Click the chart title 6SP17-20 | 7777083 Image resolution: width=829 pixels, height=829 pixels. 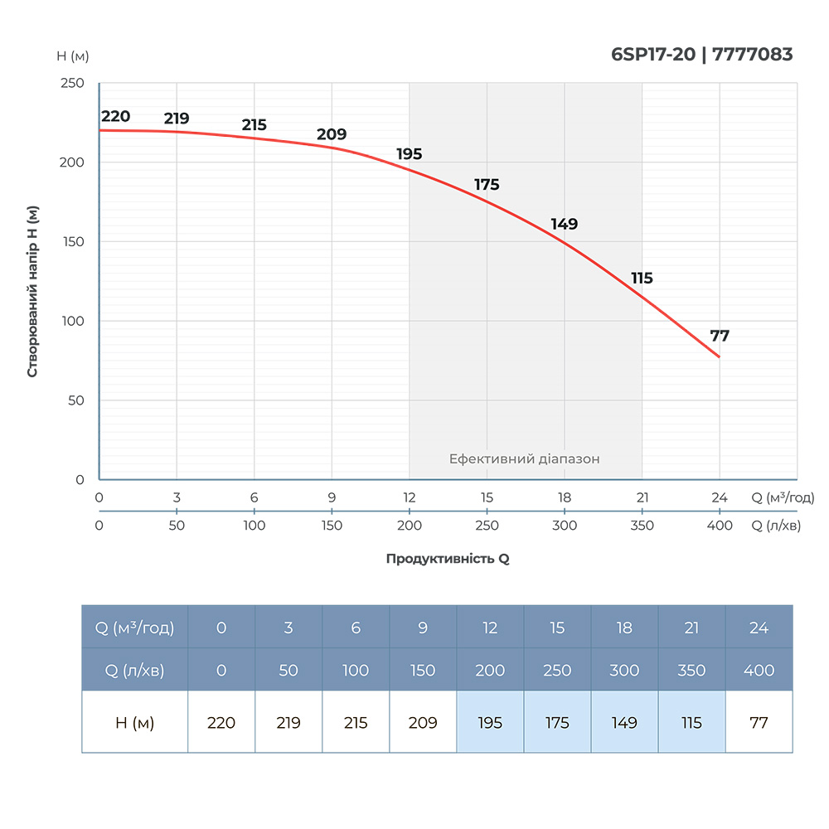[701, 55]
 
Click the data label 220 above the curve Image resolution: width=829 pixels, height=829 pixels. [116, 116]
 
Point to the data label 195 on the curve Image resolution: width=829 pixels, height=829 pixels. [410, 154]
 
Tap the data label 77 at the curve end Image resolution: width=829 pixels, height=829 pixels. [720, 336]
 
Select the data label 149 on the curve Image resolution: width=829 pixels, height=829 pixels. [565, 224]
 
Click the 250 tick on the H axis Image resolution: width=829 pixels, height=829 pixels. [73, 83]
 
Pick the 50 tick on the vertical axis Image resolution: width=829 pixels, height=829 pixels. [76, 400]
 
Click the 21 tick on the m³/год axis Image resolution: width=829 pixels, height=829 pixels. [642, 497]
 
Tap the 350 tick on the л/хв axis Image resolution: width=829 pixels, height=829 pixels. [642, 526]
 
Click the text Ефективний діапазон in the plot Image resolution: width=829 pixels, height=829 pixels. [524, 458]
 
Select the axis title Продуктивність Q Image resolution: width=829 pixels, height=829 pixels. [448, 559]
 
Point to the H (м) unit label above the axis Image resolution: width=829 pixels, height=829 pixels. [73, 56]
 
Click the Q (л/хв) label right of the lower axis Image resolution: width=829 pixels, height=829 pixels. [776, 526]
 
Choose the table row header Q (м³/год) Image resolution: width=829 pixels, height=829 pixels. [135, 628]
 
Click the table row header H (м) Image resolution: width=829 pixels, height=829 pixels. [135, 723]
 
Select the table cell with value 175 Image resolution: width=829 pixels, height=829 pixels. [557, 723]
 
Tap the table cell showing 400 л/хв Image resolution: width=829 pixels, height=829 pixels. [759, 670]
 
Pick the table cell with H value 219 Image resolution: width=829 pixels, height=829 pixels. [288, 723]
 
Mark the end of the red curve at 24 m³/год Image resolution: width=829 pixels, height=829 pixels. [720, 357]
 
